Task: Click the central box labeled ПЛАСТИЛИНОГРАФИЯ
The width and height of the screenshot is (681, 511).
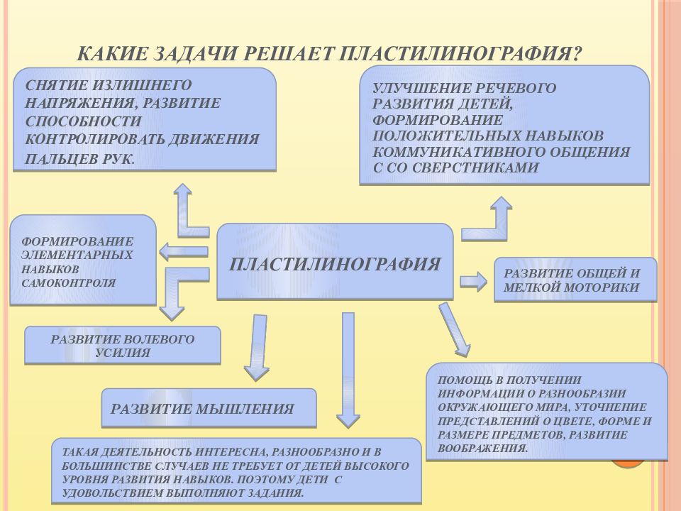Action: click(x=335, y=262)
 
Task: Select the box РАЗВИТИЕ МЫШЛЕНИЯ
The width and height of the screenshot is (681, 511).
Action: click(x=209, y=407)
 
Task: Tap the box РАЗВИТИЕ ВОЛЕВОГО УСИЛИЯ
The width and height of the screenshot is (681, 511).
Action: click(x=123, y=345)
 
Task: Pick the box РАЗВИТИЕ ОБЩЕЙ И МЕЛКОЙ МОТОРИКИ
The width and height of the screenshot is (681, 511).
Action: click(x=575, y=280)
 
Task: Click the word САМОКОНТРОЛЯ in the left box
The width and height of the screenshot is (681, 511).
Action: click(x=69, y=283)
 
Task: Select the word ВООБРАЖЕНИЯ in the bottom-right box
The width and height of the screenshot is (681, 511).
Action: click(x=482, y=449)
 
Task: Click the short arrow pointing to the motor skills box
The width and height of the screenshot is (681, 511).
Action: click(x=473, y=282)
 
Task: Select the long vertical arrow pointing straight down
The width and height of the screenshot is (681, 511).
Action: click(x=348, y=370)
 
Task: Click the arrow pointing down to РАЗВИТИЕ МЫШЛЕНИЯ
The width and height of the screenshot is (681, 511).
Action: click(x=257, y=348)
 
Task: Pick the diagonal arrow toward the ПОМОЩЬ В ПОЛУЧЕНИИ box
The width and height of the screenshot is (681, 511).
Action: click(x=454, y=329)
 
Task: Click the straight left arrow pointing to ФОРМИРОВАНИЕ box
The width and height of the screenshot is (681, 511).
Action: click(x=184, y=251)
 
